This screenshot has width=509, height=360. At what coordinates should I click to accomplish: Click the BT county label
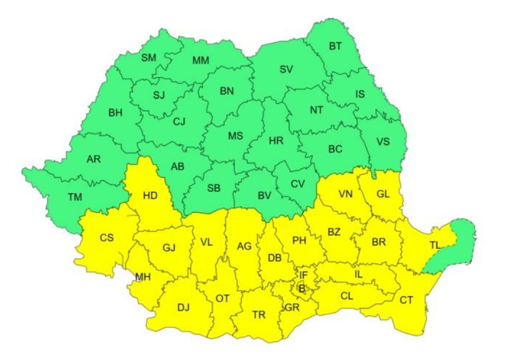point(335,46)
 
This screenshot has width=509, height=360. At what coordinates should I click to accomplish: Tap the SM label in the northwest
point(148,58)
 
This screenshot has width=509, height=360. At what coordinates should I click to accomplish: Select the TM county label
point(75,197)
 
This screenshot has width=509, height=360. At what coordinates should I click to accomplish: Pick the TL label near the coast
point(435,245)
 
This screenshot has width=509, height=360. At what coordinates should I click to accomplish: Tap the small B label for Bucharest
point(301,288)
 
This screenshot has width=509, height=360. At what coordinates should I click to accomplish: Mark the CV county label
point(297,184)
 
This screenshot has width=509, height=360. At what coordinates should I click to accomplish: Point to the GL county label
point(383,194)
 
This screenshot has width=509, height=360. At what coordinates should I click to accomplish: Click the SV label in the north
point(286,70)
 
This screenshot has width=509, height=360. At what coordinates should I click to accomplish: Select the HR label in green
point(276,141)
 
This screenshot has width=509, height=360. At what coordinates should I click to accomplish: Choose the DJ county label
point(183,308)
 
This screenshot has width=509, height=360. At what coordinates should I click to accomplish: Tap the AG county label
point(244,247)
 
